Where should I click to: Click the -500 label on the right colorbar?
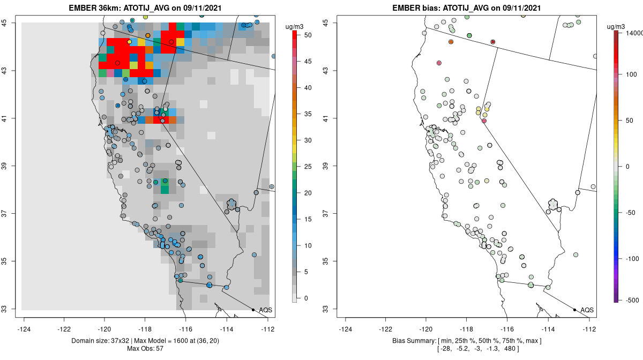631,299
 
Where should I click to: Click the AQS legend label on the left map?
265,310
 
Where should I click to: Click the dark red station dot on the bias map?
493,41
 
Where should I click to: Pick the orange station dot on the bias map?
451,41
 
